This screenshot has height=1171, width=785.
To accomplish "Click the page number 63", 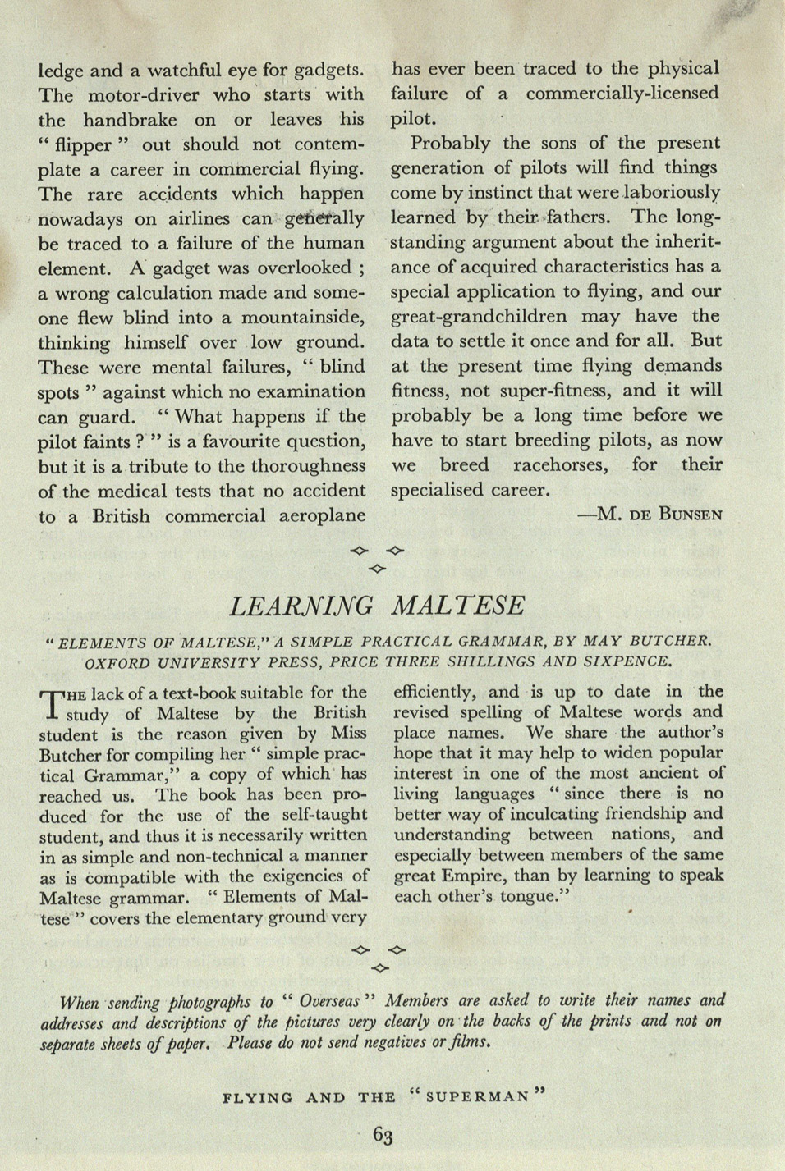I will coord(383,1135).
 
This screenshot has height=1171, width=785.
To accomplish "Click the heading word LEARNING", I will coord(301,606).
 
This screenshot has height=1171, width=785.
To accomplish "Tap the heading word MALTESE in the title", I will coord(458,606).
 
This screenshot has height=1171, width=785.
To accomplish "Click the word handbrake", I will coord(130,120).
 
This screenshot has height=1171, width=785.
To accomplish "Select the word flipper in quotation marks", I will coord(82,145).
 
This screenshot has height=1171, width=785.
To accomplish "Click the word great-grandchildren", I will coord(479,317).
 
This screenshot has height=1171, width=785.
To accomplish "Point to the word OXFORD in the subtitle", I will coord(122,661).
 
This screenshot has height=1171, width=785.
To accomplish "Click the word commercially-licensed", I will coord(622,94).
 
